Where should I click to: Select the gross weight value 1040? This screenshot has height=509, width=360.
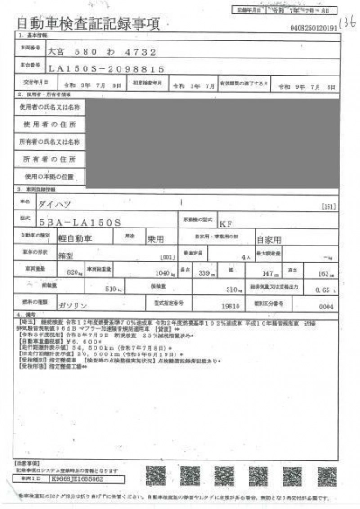pos(164,272)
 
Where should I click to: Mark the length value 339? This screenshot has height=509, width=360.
pos(205,272)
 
